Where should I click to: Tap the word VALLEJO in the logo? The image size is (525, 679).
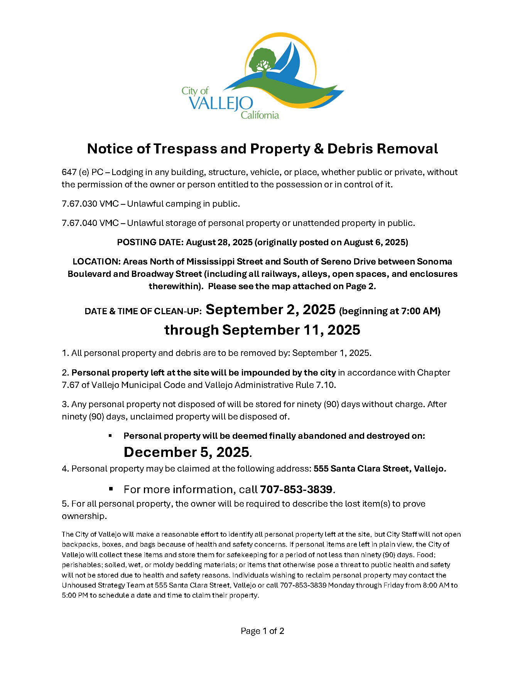221,103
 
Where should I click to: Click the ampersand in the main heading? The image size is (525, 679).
319,149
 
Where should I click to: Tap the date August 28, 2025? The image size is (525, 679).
219,243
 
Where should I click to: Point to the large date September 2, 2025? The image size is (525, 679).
270,310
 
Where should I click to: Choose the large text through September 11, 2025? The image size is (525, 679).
262,330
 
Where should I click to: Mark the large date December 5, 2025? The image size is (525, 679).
186,452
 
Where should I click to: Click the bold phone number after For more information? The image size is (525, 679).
296,490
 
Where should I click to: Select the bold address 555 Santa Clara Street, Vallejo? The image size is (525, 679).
380,469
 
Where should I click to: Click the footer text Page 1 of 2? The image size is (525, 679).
262,631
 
